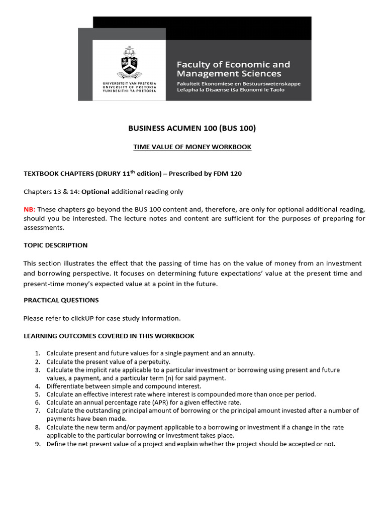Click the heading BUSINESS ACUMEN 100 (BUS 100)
[192, 128]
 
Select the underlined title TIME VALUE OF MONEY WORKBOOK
[192, 147]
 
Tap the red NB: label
[29, 209]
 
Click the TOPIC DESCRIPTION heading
[55, 245]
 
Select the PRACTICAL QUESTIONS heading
[61, 300]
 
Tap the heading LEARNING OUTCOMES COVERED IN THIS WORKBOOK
[109, 336]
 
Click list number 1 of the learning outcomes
[38, 353]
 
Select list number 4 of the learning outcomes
[38, 386]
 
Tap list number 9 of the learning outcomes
[38, 444]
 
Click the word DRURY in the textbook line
[105, 174]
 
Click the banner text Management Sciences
[229, 74]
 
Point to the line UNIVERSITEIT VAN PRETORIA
[129, 82]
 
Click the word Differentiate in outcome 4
[66, 386]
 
